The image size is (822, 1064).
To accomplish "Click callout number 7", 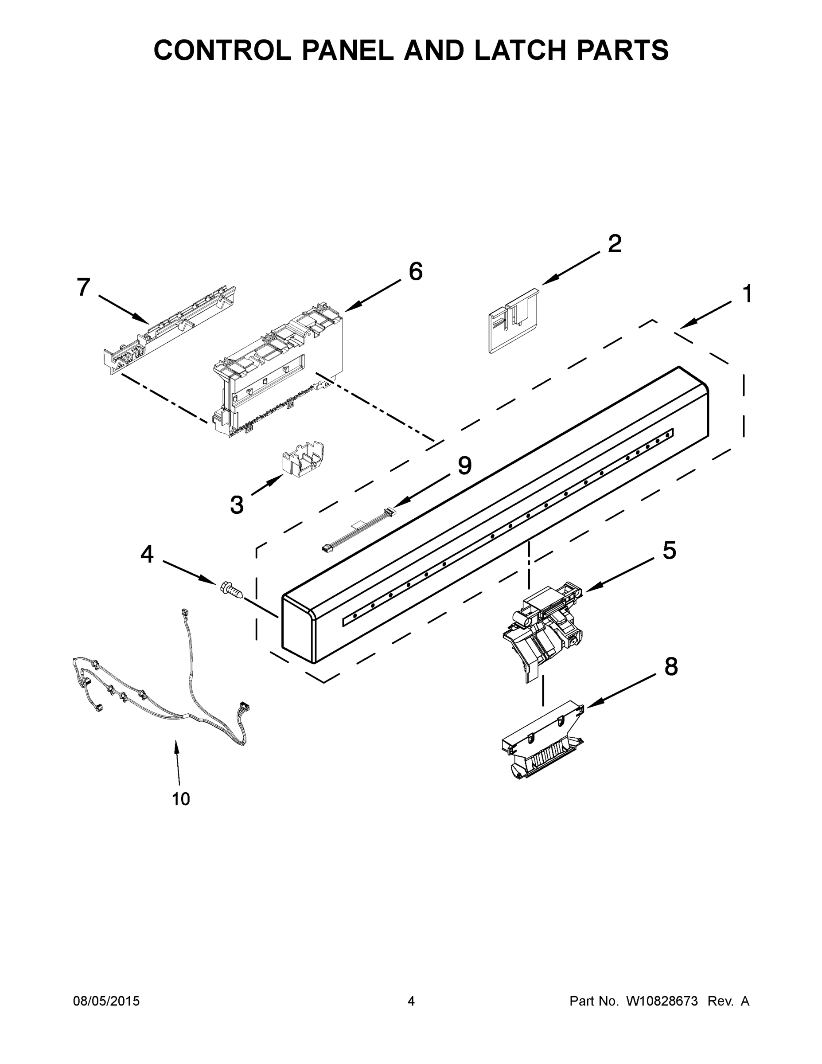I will tap(84, 287).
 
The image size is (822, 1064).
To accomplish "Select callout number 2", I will tap(615, 243).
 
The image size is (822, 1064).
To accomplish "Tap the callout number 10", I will tap(181, 799).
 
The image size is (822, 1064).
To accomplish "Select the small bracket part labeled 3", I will tap(304, 461).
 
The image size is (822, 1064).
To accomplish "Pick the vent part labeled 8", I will tap(541, 740).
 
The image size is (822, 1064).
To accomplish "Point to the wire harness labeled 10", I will tap(161, 692).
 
